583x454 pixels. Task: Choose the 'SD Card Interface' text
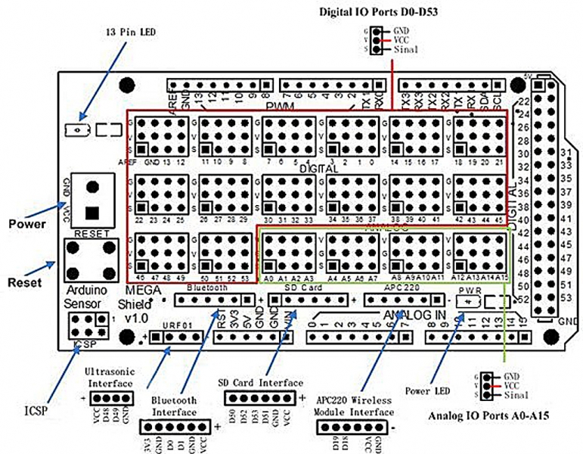pyautogui.click(x=260, y=383)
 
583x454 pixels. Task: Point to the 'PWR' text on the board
pyautogui.click(x=465, y=290)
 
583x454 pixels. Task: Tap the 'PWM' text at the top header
pyautogui.click(x=279, y=104)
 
